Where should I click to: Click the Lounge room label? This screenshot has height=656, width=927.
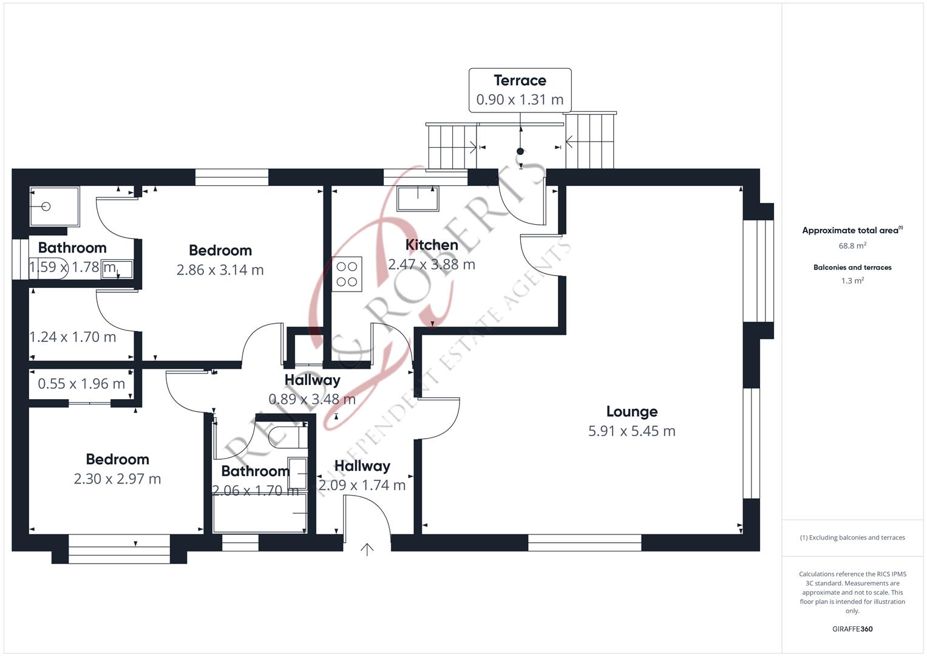tap(632, 411)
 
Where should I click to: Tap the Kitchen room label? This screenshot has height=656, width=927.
tap(432, 245)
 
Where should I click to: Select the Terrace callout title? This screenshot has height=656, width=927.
tap(520, 80)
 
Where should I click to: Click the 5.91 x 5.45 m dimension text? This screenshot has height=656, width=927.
tap(632, 431)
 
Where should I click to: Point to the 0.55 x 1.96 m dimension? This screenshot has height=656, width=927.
tap(81, 384)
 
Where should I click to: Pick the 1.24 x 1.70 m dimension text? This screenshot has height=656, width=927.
tap(73, 337)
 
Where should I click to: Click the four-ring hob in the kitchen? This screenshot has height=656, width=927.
tap(347, 275)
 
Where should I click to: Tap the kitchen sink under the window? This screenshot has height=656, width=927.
tap(418, 199)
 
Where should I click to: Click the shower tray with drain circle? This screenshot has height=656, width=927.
tap(55, 207)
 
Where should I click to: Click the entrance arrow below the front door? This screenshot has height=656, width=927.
tap(367, 550)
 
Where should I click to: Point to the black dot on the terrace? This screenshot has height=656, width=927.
tap(520, 152)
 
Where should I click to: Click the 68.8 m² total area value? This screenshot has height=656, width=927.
tap(852, 245)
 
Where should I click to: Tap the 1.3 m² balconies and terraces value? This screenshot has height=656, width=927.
tap(852, 281)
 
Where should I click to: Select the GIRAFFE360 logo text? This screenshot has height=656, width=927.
tap(852, 629)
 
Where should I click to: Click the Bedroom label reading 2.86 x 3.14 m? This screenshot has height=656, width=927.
tap(220, 250)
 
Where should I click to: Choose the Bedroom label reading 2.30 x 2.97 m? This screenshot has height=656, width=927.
tap(118, 459)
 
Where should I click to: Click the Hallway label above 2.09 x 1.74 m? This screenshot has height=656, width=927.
tap(362, 466)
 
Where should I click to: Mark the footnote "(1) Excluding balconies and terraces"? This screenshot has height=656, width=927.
tap(852, 538)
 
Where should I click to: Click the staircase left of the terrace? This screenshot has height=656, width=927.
tap(452, 146)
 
